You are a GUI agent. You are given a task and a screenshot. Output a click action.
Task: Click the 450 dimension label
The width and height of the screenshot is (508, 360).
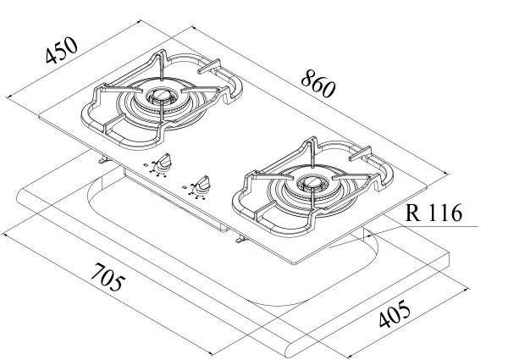click(62, 53)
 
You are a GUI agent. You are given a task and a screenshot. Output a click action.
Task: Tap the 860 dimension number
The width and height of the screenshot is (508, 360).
click(319, 81)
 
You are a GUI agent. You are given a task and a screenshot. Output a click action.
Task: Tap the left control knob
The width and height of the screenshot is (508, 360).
click(168, 159)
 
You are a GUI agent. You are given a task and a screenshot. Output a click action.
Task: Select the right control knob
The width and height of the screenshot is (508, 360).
click(203, 181)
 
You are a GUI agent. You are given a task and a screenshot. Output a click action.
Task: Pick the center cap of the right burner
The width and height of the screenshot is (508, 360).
click(306, 180)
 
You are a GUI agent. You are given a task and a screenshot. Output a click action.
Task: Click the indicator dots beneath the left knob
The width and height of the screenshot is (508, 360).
click(156, 168)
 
